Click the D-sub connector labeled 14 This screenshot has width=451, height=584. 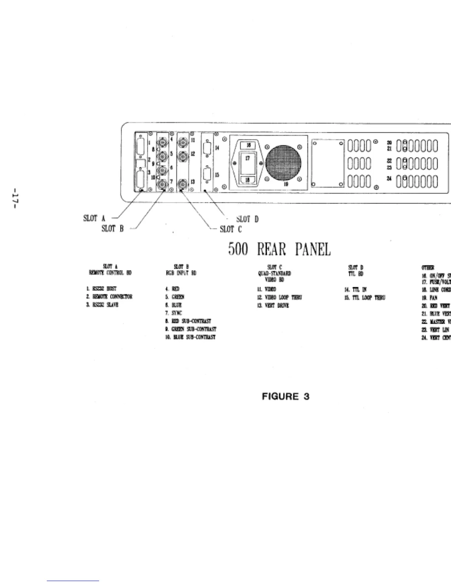coord(207,148)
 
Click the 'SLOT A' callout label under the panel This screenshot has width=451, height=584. coord(94,219)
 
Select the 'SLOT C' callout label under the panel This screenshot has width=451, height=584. coord(231,229)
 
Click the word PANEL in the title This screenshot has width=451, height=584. coord(313,250)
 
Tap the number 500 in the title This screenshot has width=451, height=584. coord(238,250)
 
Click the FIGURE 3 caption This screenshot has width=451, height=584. coord(285,397)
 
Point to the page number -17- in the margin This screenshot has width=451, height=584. coord(16,199)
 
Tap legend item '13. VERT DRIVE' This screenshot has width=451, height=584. coord(273,305)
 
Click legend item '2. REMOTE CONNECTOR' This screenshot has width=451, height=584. coord(107,297)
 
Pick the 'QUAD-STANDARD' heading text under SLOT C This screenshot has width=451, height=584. coord(275,273)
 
